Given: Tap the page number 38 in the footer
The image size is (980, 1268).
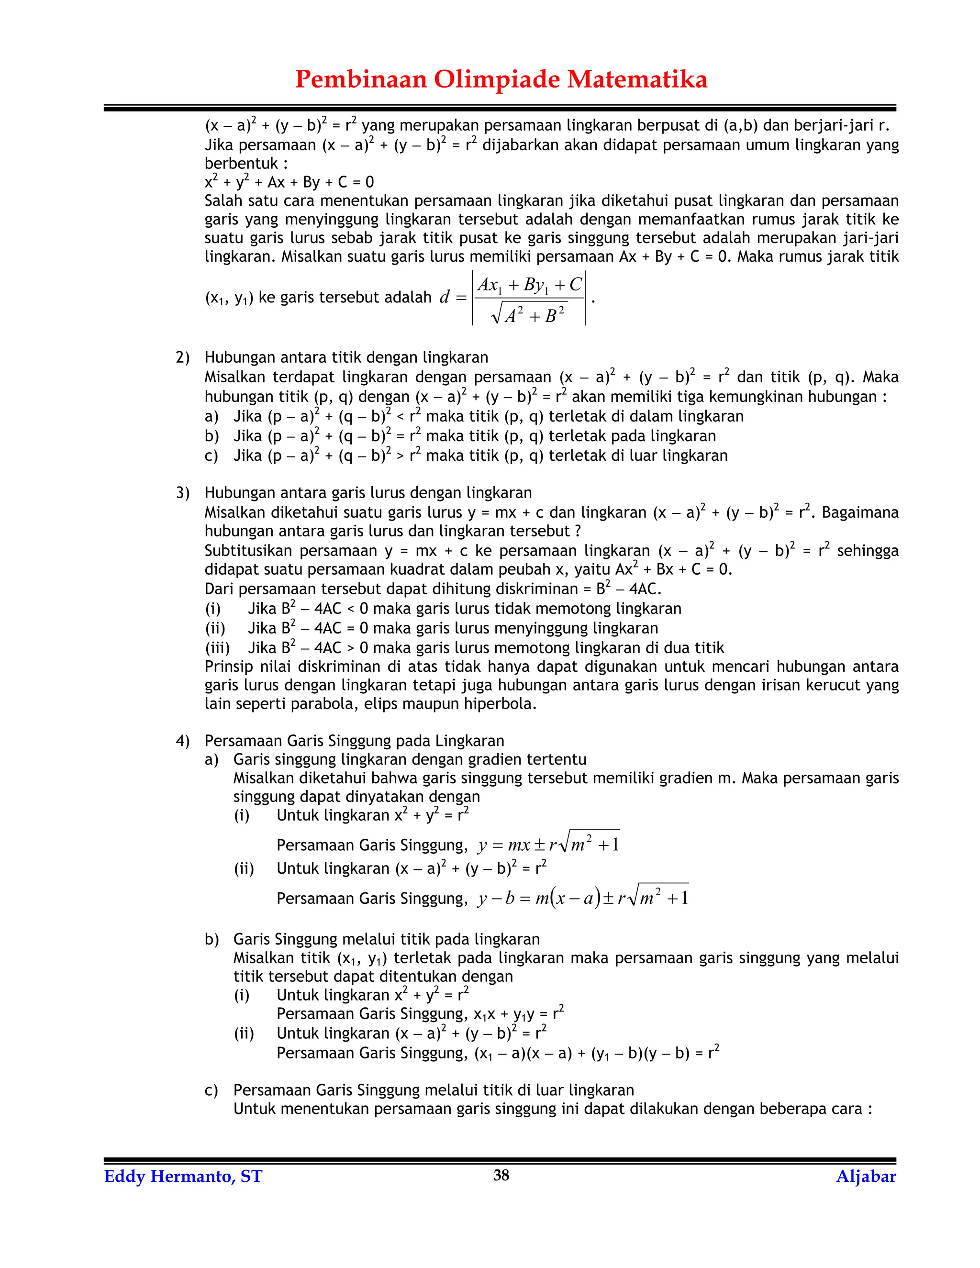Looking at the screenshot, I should [501, 1175].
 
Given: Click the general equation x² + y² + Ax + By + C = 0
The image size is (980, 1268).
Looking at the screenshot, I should [289, 182].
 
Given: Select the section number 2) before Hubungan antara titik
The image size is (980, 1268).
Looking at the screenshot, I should [182, 357].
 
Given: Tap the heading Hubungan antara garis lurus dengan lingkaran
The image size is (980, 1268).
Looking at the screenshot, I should [368, 493].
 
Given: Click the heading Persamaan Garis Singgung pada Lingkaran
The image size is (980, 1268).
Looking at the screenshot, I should [354, 741].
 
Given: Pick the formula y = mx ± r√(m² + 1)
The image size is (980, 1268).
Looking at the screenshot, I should [549, 844].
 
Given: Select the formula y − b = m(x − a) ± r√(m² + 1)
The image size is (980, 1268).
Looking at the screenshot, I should [583, 898].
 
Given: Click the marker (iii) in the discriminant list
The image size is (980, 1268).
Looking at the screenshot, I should [217, 648].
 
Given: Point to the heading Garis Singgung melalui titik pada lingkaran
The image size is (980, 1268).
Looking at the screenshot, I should [386, 939].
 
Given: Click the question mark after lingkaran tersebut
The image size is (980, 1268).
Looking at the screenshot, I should [578, 531].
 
